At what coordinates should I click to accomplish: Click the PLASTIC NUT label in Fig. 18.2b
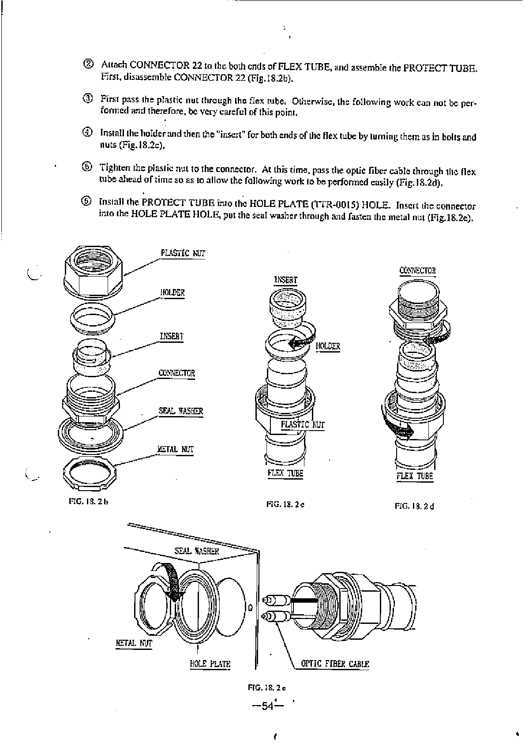click(183, 253)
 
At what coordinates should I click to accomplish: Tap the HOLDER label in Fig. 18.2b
click(172, 293)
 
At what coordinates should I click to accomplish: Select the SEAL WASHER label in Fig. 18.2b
click(181, 411)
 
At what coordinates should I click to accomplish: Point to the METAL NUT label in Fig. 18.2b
click(176, 450)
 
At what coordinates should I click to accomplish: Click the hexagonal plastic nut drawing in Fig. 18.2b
click(93, 271)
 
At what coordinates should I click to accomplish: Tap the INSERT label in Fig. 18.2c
click(286, 280)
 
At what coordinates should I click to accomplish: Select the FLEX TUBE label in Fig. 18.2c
click(285, 473)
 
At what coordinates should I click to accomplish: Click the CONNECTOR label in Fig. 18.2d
click(417, 270)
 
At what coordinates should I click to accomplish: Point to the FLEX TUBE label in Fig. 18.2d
click(415, 476)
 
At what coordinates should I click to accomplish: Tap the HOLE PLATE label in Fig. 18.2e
click(210, 664)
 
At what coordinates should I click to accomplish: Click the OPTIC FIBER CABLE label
click(335, 664)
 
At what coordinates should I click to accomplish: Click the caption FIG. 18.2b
click(89, 502)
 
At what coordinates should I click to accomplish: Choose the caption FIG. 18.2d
click(414, 506)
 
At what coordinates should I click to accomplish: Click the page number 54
click(268, 706)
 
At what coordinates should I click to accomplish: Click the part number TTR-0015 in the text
click(334, 205)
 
